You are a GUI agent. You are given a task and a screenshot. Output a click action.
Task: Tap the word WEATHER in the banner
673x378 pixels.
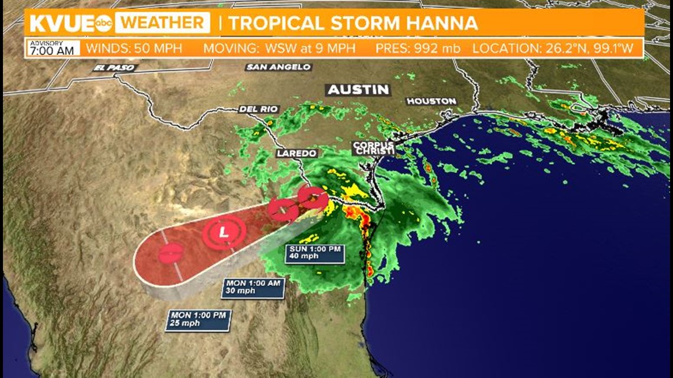click(x=162, y=24)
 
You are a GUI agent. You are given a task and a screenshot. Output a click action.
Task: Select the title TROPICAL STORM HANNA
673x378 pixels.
click(x=352, y=24)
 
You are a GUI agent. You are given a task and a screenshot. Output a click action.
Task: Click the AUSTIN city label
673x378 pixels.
click(x=358, y=90)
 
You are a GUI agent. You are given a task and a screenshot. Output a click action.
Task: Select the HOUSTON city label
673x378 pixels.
click(x=432, y=101)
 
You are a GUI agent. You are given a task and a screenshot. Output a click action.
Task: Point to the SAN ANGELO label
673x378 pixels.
click(x=278, y=67)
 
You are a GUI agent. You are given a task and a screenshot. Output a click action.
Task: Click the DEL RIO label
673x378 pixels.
click(x=259, y=109)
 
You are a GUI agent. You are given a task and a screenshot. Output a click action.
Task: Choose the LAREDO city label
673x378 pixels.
click(x=297, y=153)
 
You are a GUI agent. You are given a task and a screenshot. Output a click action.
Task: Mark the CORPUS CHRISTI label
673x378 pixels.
click(x=373, y=148)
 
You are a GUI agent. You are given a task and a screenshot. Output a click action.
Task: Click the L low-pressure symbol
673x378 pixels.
click(x=223, y=232)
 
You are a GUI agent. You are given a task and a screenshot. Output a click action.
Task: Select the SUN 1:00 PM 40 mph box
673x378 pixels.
click(x=315, y=252)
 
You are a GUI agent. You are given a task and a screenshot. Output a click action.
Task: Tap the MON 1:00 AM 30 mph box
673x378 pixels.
click(x=253, y=287)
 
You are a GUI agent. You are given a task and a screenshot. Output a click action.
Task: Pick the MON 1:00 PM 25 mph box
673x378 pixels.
click(x=198, y=319)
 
